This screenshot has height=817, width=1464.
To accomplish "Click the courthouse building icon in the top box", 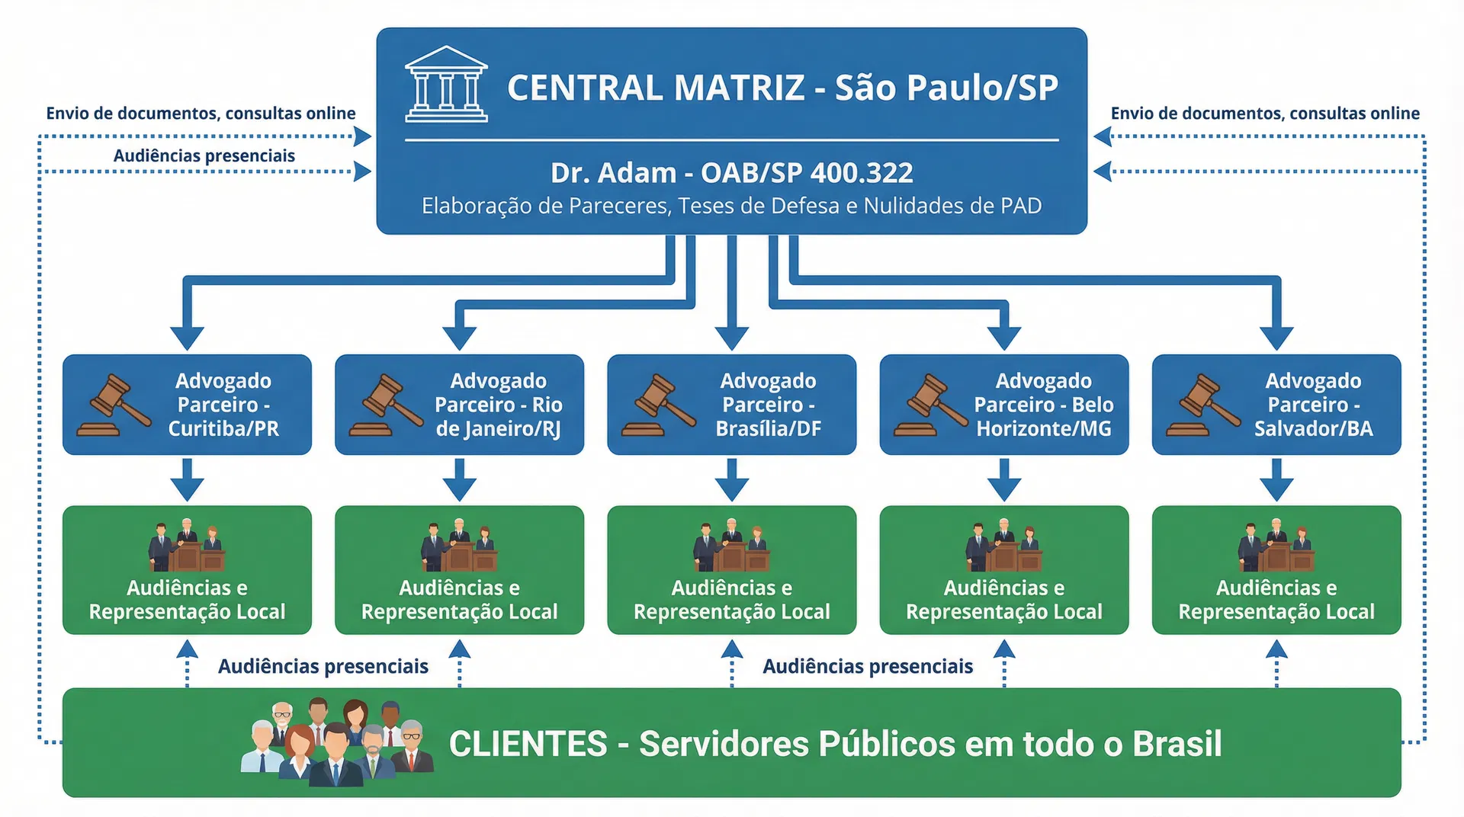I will [x=446, y=85].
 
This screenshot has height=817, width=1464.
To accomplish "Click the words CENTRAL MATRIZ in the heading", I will [x=656, y=88].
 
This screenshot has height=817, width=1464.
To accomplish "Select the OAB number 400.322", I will [x=861, y=173].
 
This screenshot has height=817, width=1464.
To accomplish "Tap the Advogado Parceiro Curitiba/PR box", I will [x=187, y=405].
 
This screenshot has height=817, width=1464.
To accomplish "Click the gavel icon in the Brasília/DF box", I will [x=658, y=405].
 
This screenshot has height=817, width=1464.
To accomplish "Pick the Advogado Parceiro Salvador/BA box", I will [x=1276, y=405].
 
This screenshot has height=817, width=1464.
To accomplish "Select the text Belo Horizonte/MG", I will [x=1044, y=417].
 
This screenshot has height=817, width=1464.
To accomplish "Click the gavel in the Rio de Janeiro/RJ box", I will [x=386, y=405].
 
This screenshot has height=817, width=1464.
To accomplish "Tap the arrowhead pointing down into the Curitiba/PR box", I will [x=187, y=337].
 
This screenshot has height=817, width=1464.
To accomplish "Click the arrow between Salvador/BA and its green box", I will [x=1276, y=480].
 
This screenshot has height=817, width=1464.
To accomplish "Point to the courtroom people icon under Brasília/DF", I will [x=731, y=546].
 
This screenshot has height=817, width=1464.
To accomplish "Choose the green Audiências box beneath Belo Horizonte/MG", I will [x=1003, y=570].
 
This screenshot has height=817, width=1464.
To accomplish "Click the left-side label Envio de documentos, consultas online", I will [x=201, y=114].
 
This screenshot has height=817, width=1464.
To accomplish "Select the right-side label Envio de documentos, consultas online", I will [x=1265, y=114].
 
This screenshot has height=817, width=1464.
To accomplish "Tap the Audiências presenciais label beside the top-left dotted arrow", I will [x=204, y=156].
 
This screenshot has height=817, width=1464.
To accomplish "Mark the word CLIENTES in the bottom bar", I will [x=528, y=744].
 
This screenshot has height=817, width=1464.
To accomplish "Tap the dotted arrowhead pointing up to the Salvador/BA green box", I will [x=1276, y=650].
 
